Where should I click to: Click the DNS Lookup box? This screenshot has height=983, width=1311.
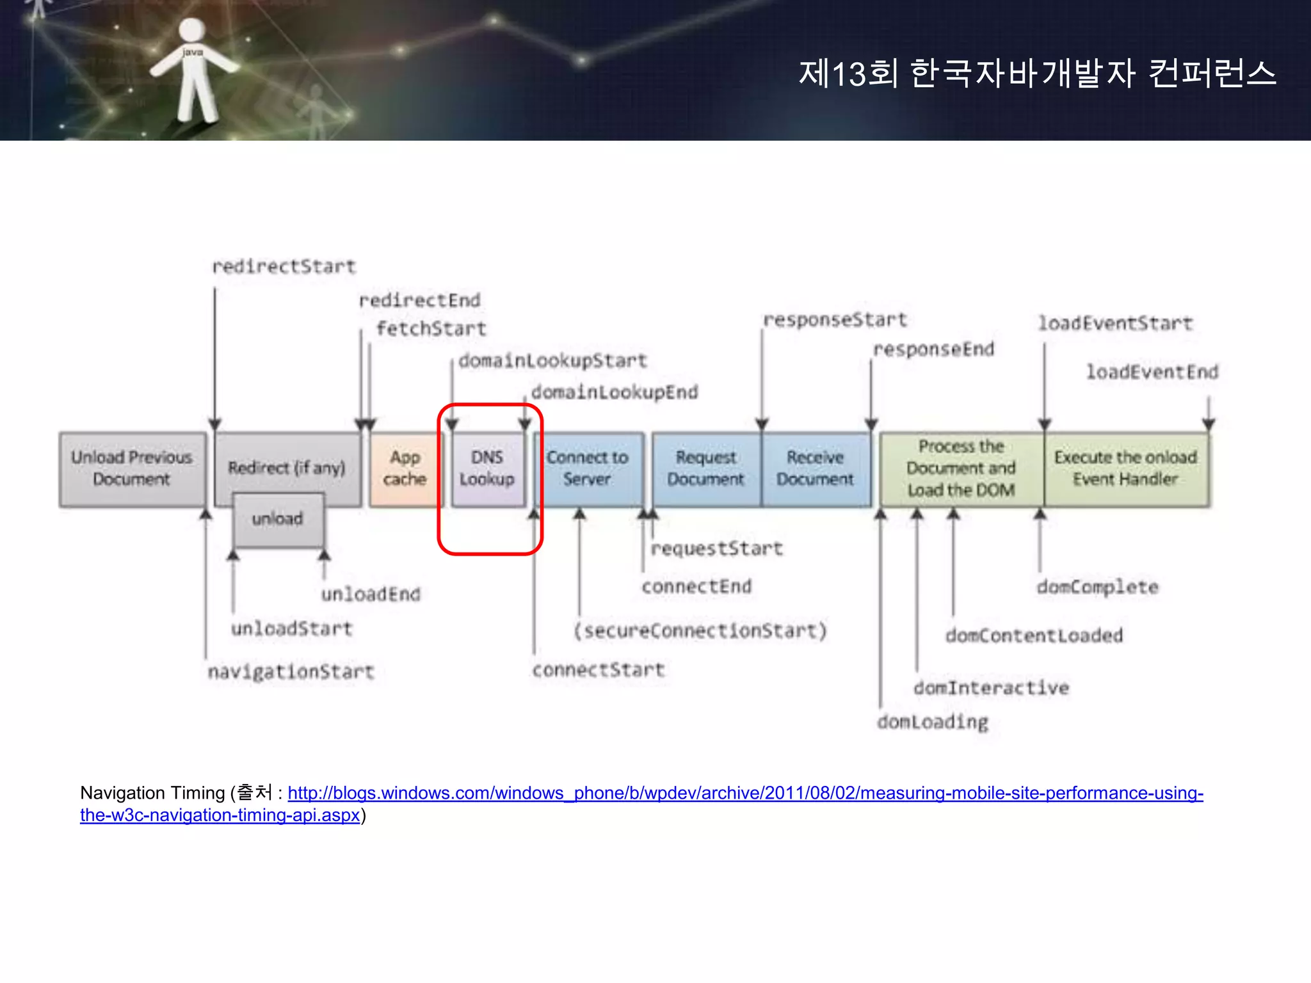pyautogui.click(x=487, y=469)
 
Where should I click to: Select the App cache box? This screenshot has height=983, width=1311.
pyautogui.click(x=405, y=469)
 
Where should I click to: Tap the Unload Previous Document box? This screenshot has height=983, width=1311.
pyautogui.click(x=132, y=469)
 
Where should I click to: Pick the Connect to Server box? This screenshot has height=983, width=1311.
pyautogui.click(x=588, y=469)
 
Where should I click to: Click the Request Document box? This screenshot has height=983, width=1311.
pyautogui.click(x=706, y=469)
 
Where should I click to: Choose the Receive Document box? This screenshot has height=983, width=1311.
pyautogui.click(x=816, y=469)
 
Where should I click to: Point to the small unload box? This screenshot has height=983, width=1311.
pyautogui.click(x=278, y=519)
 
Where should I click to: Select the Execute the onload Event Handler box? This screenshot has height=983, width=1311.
pyautogui.click(x=1126, y=469)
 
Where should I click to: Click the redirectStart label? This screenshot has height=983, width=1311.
pyautogui.click(x=284, y=267)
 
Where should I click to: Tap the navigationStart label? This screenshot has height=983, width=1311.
pyautogui.click(x=291, y=672)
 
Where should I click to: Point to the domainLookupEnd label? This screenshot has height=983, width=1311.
pyautogui.click(x=615, y=392)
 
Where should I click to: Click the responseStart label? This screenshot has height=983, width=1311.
pyautogui.click(x=835, y=320)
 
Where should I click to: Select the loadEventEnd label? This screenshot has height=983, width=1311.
pyautogui.click(x=1152, y=372)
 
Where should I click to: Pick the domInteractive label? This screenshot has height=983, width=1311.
pyautogui.click(x=991, y=688)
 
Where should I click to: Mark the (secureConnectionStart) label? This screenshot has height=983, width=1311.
pyautogui.click(x=700, y=631)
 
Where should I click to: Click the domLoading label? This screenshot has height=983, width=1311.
pyautogui.click(x=933, y=722)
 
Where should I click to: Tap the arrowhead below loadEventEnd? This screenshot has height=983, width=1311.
pyautogui.click(x=1209, y=424)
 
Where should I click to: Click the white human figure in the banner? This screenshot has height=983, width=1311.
pyautogui.click(x=192, y=70)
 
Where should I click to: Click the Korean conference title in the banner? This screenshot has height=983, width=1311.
pyautogui.click(x=1037, y=73)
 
